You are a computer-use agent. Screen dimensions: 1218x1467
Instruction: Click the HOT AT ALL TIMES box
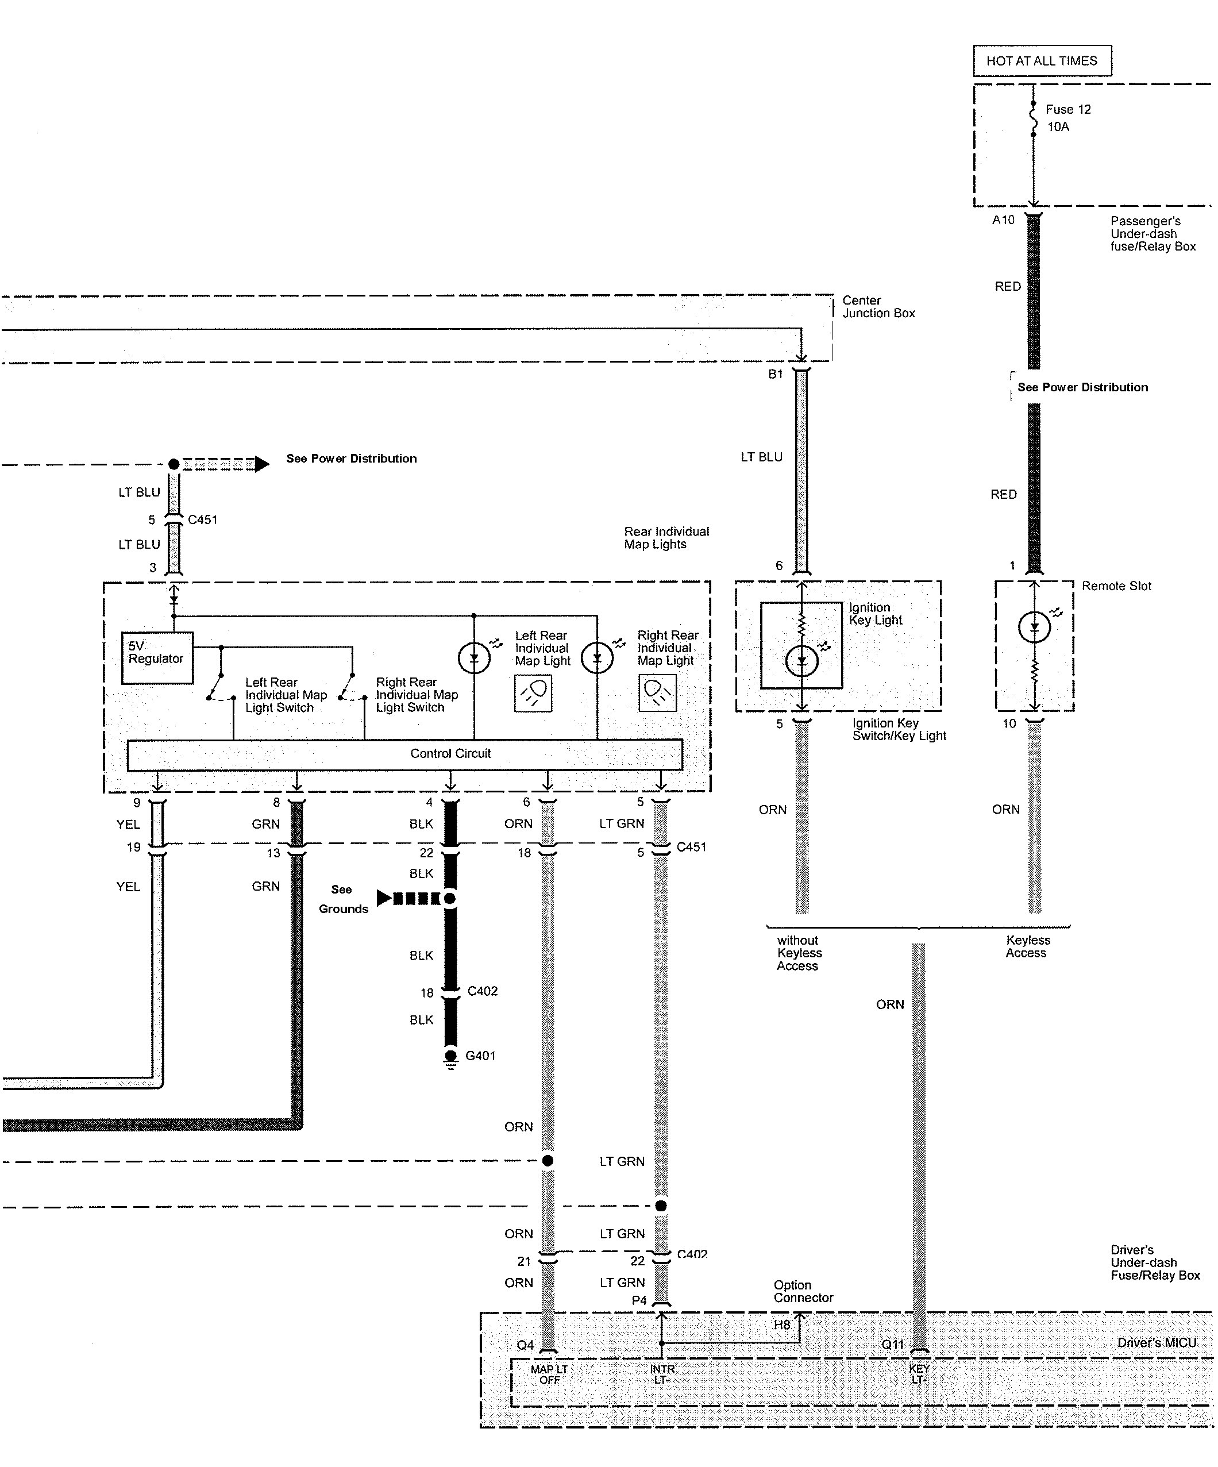pos(1042,61)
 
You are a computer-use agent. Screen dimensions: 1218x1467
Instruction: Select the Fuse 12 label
pos(1068,110)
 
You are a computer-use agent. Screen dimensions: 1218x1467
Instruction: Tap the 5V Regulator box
pos(157,658)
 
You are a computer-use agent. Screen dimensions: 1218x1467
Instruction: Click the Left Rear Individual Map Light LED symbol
pos(474,657)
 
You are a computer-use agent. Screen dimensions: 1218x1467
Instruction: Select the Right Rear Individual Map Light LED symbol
pos(597,657)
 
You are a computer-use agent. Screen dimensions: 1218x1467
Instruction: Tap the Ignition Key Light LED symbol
pos(802,660)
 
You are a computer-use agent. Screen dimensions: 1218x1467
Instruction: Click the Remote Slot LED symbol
pos(1034,627)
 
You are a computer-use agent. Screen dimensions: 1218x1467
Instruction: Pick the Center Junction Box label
pos(878,307)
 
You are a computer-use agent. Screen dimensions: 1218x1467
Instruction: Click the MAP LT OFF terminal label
pos(550,1375)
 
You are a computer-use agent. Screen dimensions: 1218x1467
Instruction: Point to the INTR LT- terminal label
pos(662,1375)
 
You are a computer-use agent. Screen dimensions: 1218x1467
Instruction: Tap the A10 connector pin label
pos(1004,220)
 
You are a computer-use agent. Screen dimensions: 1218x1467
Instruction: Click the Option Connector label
pos(803,1292)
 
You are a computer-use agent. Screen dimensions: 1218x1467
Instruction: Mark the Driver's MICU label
pos(1157,1343)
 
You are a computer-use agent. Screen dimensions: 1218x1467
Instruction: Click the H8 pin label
pos(781,1325)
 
